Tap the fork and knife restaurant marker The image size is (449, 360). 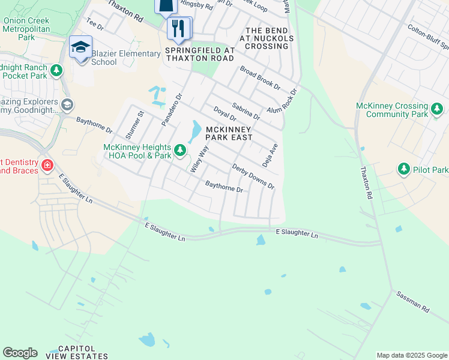(x=178, y=28)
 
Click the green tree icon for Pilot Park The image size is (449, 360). (x=404, y=170)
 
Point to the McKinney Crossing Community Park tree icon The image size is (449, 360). (x=437, y=109)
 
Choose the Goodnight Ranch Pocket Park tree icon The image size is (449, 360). (x=56, y=71)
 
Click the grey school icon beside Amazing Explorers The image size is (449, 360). (x=67, y=105)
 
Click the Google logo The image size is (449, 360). (x=20, y=353)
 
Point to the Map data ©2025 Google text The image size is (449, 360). (x=411, y=355)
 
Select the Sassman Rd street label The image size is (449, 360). (x=412, y=301)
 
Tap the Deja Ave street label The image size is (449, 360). (x=270, y=155)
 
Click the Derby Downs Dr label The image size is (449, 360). (x=253, y=177)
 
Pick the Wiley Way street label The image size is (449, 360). (x=199, y=160)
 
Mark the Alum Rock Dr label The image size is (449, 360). (x=283, y=101)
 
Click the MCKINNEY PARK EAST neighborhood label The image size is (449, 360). (x=229, y=133)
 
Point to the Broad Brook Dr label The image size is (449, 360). (x=260, y=77)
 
